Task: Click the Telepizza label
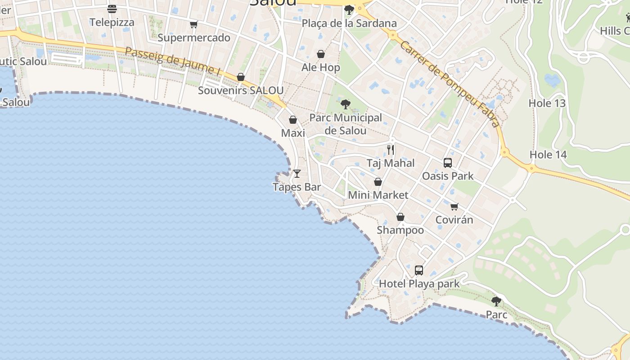pos(112,22)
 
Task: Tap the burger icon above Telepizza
pos(112,9)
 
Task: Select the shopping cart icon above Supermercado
pos(193,24)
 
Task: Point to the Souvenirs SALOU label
pos(241,90)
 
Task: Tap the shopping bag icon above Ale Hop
pos(321,54)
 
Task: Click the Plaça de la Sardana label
pos(349,23)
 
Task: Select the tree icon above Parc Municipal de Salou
pos(345,104)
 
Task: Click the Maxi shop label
pos(293,133)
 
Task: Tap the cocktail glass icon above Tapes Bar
pos(297,173)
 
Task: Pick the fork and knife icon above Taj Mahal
pos(391,149)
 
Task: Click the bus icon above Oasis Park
pos(447,163)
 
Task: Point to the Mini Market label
pos(378,195)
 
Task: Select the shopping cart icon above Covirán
pos(454,207)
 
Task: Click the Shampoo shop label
pos(400,230)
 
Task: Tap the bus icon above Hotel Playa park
pos(419,270)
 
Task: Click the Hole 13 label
pos(547,103)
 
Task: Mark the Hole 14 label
pos(548,155)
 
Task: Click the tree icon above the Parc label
pos(496,301)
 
